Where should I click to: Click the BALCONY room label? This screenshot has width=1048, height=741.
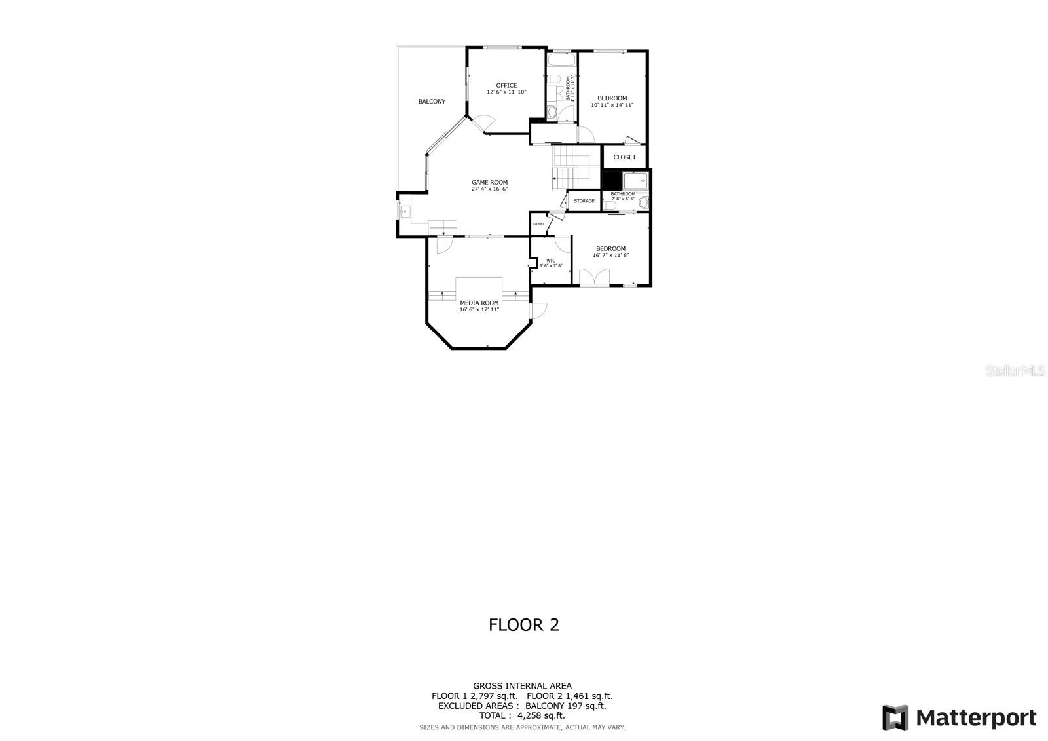click(x=432, y=102)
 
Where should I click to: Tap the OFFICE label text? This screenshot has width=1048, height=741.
click(x=506, y=85)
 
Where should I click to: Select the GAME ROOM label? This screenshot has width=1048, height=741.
click(x=489, y=183)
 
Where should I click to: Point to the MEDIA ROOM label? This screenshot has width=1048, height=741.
click(x=479, y=303)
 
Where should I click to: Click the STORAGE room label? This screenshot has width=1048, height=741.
click(x=584, y=201)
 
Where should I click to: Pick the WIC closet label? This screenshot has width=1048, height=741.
click(x=551, y=260)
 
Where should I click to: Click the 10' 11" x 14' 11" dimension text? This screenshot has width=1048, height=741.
click(x=612, y=105)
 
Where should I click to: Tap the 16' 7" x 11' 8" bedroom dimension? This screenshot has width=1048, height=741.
click(x=610, y=255)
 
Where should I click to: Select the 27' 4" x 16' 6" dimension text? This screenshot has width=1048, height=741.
click(x=489, y=189)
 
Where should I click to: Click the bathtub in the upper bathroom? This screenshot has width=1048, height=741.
click(x=561, y=61)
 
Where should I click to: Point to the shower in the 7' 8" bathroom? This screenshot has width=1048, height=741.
click(x=635, y=180)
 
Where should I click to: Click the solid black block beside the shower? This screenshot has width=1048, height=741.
click(x=611, y=180)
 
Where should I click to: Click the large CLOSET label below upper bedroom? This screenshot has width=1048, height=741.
click(x=624, y=157)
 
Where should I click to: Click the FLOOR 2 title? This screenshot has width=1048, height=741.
click(x=524, y=625)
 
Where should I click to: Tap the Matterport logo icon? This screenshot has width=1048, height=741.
click(x=895, y=717)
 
